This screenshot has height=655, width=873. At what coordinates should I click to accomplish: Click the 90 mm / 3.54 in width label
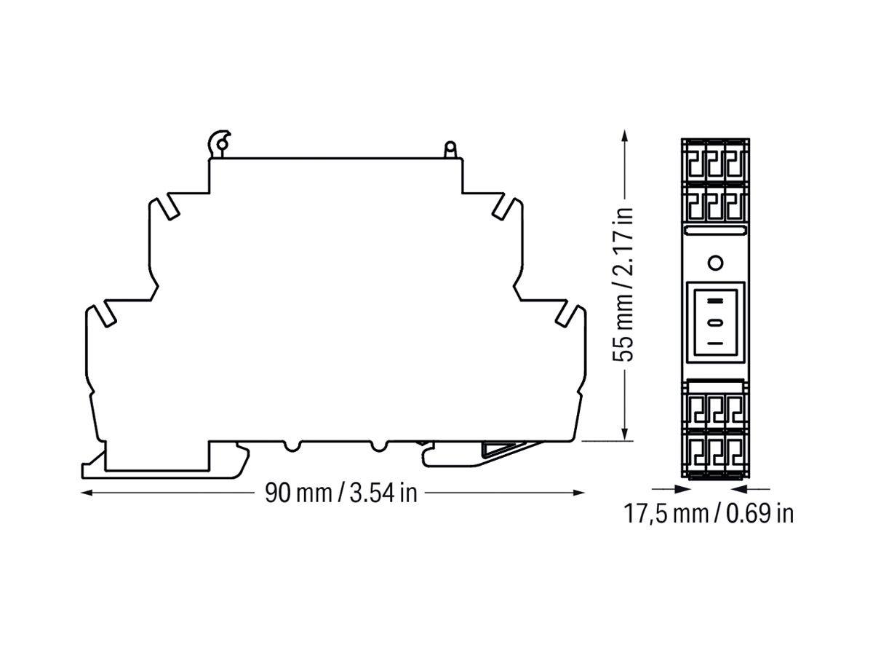coord(340,493)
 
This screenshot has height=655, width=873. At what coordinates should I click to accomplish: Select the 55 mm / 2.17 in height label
coord(623,284)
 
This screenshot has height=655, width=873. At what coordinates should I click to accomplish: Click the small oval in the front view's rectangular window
coord(716,322)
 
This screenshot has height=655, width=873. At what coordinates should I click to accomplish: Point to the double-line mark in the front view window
coord(716,301)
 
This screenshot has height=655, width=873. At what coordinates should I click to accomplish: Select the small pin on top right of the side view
coord(450,149)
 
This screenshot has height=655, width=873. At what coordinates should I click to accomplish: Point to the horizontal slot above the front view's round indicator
coord(715,231)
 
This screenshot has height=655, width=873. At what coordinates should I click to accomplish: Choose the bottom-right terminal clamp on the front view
coord(736,456)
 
